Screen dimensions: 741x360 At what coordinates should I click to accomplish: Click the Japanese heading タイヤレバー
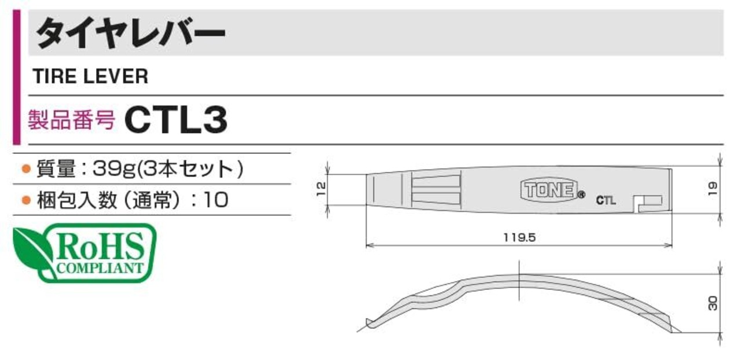tap(131, 34)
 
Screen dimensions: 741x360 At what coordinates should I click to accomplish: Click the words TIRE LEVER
tap(90, 76)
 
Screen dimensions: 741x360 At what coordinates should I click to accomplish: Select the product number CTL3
tap(176, 119)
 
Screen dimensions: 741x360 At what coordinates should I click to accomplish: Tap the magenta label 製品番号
tap(71, 119)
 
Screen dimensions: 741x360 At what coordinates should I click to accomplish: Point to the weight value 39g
tap(115, 169)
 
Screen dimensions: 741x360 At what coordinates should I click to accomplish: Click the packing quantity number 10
tap(216, 200)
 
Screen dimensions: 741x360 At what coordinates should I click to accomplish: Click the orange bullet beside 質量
tap(26, 169)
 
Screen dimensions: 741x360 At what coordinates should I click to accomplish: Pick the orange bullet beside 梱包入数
tap(26, 200)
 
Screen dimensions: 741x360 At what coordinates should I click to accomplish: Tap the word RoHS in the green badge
tap(100, 247)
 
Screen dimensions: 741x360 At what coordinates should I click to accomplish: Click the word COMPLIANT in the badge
tap(100, 268)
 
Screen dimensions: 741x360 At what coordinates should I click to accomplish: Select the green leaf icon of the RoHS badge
tap(31, 251)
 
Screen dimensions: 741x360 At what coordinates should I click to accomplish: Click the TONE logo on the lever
tap(549, 190)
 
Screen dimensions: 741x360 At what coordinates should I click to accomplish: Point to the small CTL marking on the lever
tap(606, 200)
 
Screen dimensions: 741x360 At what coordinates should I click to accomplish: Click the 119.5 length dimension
tap(519, 237)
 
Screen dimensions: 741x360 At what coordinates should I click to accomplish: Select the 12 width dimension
tap(321, 189)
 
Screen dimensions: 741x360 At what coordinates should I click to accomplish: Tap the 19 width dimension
tap(713, 189)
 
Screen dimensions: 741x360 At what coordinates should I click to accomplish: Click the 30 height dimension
tap(713, 303)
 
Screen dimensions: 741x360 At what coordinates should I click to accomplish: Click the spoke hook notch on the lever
tap(648, 204)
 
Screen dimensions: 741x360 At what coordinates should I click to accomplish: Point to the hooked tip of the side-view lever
tap(369, 323)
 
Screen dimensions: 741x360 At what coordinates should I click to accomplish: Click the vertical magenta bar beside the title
tap(17, 77)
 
